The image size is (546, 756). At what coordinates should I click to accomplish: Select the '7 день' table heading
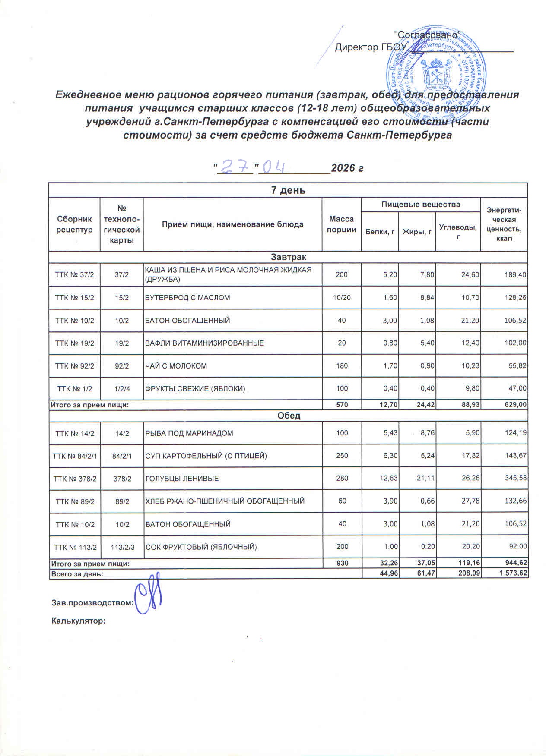tap(288, 190)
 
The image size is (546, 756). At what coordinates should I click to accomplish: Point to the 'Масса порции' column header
tap(341, 224)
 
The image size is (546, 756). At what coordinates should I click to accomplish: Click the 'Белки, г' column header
tap(379, 232)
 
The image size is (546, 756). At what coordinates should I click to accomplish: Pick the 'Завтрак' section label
tap(288, 257)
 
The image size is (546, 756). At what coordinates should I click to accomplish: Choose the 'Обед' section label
tap(288, 416)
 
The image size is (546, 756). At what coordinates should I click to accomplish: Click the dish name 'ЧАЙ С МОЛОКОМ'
tap(176, 366)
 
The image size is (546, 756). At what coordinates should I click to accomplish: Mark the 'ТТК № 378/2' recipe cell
tap(74, 479)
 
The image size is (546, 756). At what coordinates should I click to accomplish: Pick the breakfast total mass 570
tap(342, 405)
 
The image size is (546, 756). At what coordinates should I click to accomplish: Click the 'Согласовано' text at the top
tap(428, 33)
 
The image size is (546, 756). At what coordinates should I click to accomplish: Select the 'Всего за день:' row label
tap(77, 574)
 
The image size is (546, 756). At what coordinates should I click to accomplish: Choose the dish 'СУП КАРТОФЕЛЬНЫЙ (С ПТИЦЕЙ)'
tap(206, 456)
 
